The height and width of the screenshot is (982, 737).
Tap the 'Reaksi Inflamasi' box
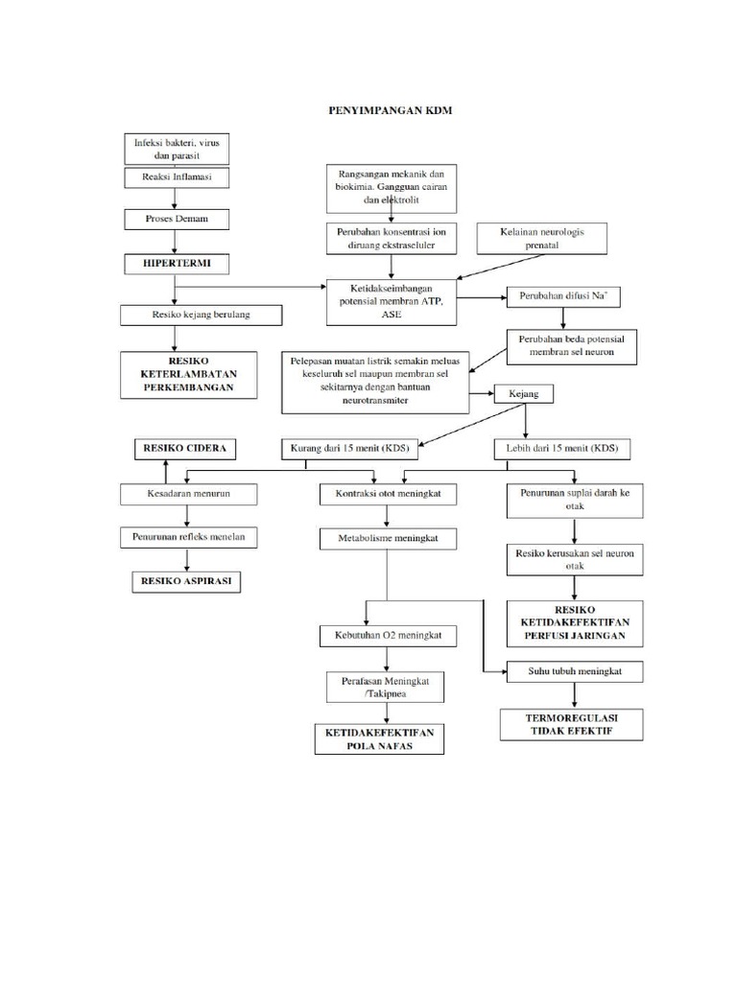[x=175, y=177]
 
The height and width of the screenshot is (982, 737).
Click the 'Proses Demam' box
[x=175, y=220]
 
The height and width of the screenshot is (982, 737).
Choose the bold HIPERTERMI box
[x=175, y=262]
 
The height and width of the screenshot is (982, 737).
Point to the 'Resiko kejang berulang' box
[x=202, y=315]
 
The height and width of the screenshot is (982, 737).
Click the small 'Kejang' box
[x=523, y=394]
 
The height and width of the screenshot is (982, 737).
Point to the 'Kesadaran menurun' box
[x=189, y=494]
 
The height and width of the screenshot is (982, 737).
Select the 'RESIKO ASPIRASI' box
[x=187, y=582]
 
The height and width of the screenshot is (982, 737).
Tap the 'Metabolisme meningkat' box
[x=388, y=539]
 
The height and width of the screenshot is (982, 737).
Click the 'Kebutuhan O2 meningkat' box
[x=388, y=635]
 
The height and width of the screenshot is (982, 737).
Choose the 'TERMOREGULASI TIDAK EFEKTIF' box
[x=570, y=724]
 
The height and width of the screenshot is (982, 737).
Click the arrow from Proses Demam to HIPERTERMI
[x=175, y=241]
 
